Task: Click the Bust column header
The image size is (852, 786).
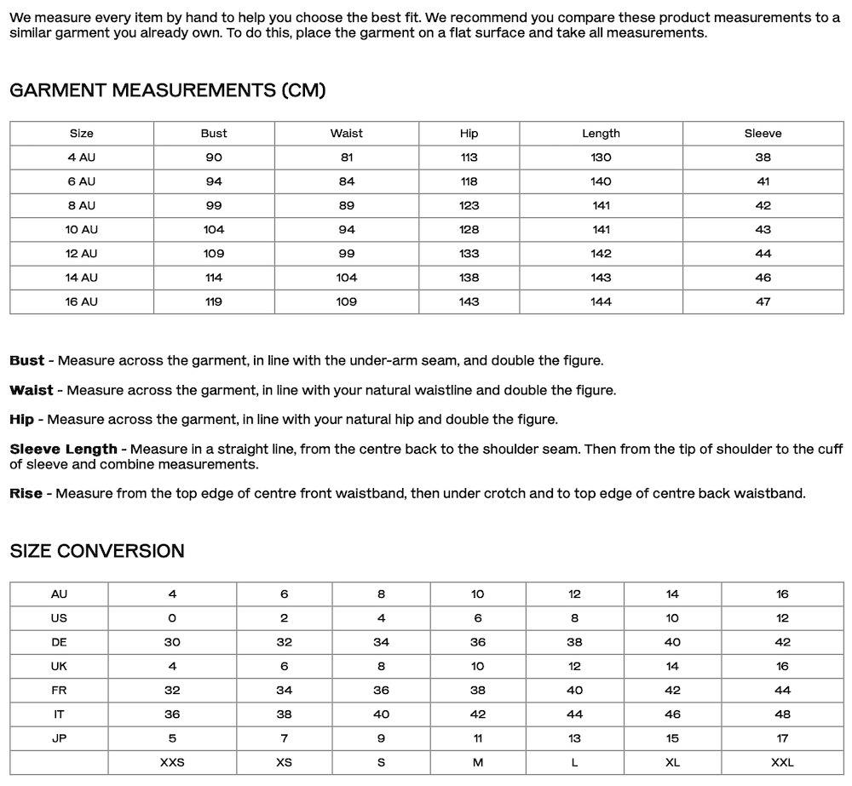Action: tap(214, 134)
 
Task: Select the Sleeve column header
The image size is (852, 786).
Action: tap(763, 134)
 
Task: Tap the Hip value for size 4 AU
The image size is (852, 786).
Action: tap(469, 158)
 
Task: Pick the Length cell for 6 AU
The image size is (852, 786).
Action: tap(601, 181)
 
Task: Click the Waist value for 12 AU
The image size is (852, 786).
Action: tap(346, 254)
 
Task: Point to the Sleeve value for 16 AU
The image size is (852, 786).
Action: tap(763, 301)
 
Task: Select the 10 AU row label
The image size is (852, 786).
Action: tap(82, 230)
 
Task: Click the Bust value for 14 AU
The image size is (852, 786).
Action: tap(214, 278)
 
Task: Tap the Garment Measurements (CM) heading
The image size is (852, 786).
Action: tap(168, 90)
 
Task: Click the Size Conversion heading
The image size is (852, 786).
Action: tap(97, 551)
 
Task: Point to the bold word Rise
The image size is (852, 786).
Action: tap(26, 494)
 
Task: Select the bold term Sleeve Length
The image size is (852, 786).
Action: tap(63, 449)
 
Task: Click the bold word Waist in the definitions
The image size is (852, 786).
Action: tap(31, 390)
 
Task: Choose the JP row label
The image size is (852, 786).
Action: tap(59, 738)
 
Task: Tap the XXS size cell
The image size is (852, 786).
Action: tap(172, 762)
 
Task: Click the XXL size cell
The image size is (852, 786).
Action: tap(782, 762)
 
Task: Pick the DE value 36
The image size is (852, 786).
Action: tap(477, 642)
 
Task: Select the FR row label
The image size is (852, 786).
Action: tap(59, 691)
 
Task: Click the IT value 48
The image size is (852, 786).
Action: tap(782, 714)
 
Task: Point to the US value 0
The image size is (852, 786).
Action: tap(172, 618)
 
